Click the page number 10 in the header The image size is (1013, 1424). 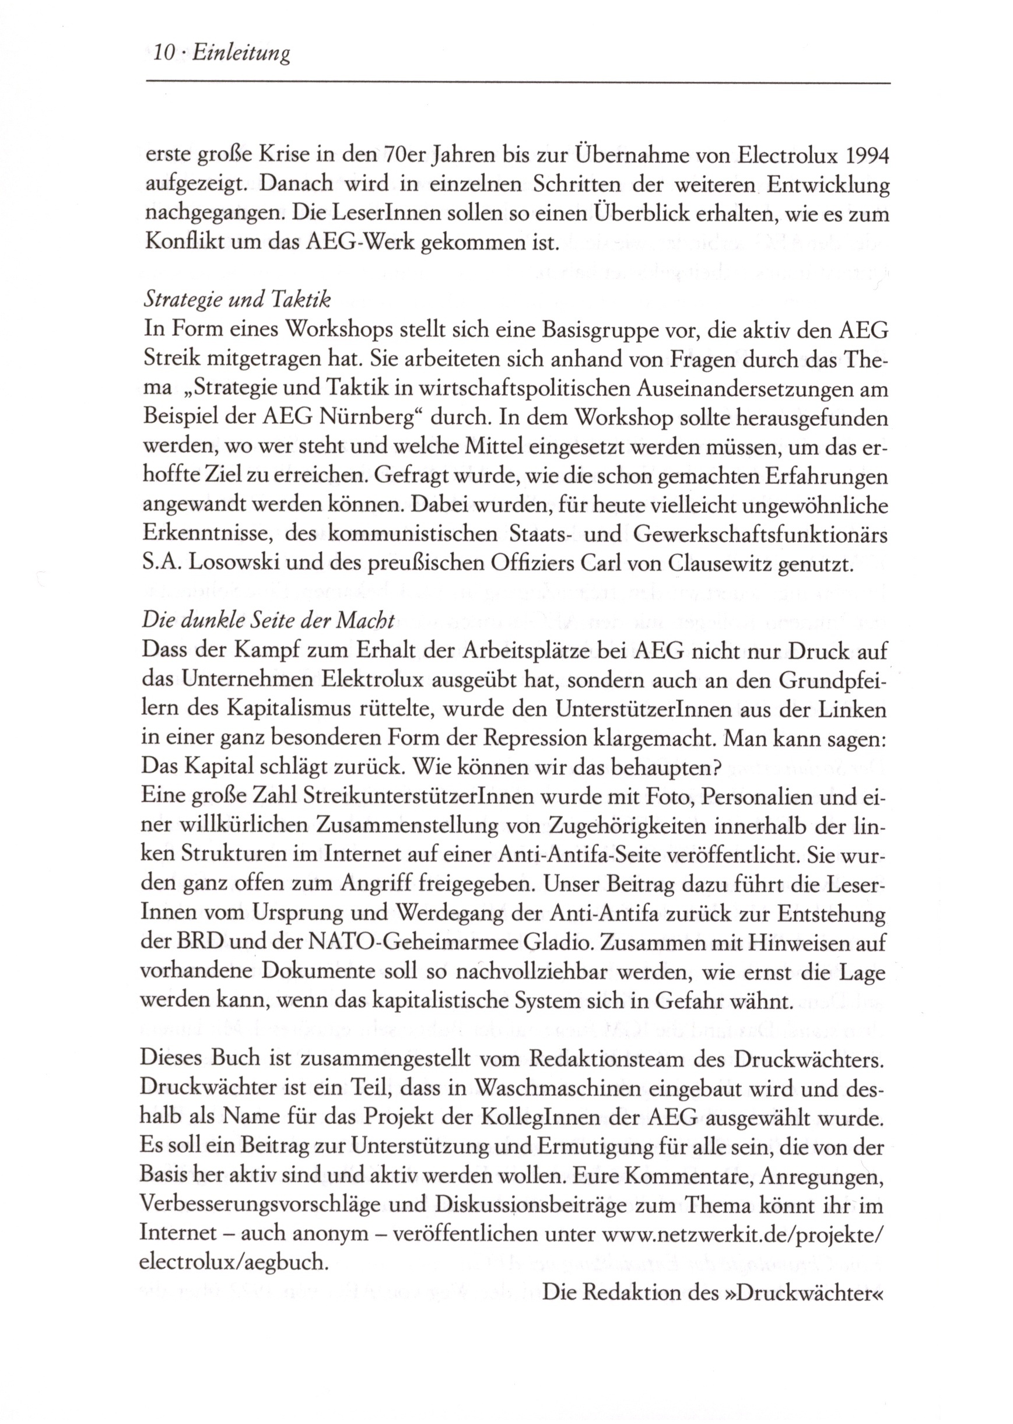[163, 54]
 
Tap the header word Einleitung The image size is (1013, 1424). [241, 54]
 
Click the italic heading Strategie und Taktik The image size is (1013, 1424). [237, 300]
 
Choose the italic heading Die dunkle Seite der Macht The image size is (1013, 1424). [269, 620]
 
